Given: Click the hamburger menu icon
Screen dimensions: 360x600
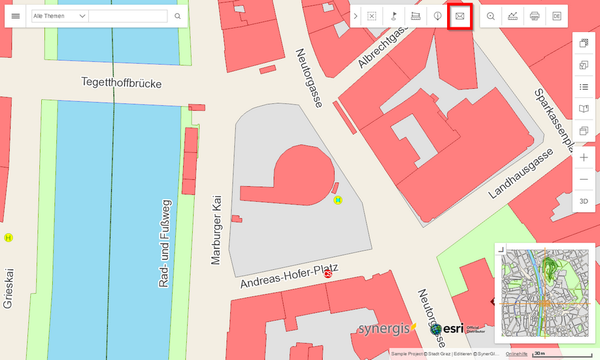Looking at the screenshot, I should point(16,16).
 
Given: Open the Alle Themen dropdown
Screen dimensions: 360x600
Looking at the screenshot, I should point(59,16).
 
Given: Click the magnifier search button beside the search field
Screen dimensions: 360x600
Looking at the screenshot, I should point(177,16).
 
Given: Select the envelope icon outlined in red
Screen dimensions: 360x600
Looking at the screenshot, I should point(459,16).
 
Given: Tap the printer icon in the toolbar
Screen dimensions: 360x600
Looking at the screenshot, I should point(535,16).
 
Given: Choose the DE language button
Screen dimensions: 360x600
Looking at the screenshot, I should point(557,16).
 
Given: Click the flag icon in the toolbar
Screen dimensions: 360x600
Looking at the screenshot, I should point(394,16).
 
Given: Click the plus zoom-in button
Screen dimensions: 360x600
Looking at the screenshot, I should point(584,157).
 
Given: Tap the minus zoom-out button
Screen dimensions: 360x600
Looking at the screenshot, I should point(584,179).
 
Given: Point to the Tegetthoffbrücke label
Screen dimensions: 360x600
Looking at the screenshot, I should point(121,83).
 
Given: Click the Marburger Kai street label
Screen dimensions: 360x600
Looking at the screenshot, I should point(217,229).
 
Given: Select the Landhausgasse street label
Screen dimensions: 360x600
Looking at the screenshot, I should point(520,173).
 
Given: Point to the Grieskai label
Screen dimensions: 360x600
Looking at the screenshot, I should point(8,287).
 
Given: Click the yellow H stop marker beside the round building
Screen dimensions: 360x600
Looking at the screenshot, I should point(338,200).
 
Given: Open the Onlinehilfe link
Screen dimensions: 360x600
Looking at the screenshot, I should point(516,353).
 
